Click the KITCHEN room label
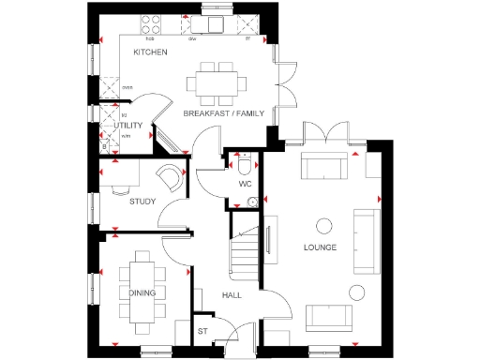pos(150,52)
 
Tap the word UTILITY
pos(127,125)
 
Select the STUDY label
pos(142,200)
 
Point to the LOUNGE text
pos(321,247)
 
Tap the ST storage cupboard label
pos(202,331)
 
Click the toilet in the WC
pos(244,167)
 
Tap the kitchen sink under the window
pos(212,24)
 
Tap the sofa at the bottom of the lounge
pos(329,316)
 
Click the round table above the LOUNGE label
pos(324,224)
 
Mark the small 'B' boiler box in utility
pos(104,145)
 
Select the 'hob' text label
pos(150,40)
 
